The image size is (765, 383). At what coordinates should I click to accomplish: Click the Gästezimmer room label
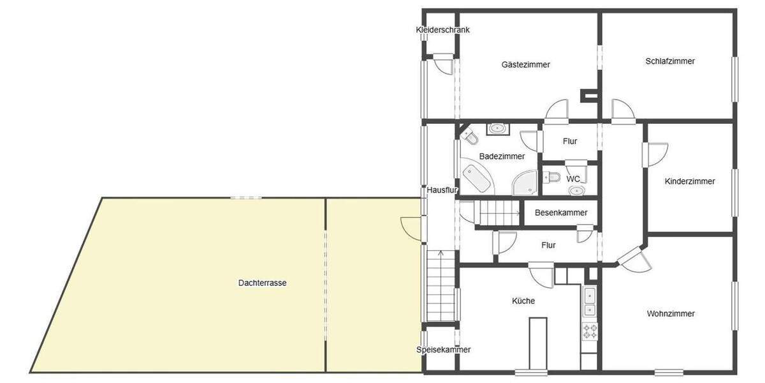525,64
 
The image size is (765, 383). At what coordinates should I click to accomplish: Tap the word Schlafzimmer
669,61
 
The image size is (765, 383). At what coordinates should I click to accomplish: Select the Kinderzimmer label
689,181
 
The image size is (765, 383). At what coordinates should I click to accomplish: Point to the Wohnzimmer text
670,313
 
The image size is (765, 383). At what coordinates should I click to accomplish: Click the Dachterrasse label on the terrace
262,282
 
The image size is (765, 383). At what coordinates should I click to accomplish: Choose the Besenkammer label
561,213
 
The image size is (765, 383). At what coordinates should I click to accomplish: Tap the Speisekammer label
443,350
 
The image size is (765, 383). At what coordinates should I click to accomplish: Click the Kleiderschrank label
442,29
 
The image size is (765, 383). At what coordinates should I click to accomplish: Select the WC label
573,179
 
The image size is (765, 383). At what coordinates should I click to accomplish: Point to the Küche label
523,301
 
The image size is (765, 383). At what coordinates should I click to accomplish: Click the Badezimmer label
502,156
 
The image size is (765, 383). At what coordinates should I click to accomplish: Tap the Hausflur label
439,190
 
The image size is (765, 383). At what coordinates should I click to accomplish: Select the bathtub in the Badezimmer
477,178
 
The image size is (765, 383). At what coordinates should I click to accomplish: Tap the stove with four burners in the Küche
590,331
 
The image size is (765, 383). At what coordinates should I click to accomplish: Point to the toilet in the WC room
552,177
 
